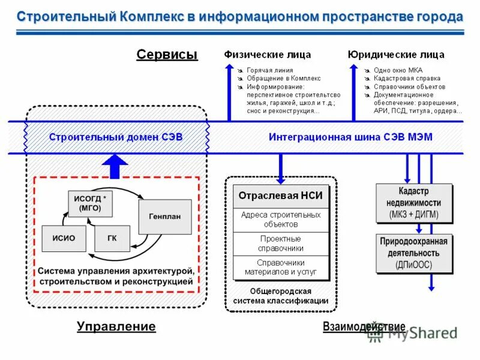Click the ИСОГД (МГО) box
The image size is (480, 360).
[91, 203]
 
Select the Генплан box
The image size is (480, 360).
[164, 217]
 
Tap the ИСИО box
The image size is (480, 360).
[64, 238]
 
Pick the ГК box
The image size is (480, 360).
[112, 238]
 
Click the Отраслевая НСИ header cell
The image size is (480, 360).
[281, 196]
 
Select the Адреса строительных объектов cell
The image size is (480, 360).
[281, 220]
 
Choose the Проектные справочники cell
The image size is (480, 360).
[281, 244]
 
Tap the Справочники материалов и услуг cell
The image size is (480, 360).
[281, 268]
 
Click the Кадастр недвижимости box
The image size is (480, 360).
[413, 203]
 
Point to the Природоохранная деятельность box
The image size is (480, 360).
[413, 253]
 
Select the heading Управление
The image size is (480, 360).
[116, 326]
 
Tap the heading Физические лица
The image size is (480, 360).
[268, 55]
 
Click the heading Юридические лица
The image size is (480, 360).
[396, 55]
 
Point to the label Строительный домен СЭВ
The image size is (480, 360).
[116, 137]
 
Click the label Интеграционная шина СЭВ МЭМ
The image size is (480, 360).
[350, 137]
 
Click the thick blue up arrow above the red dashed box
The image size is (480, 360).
[115, 166]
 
